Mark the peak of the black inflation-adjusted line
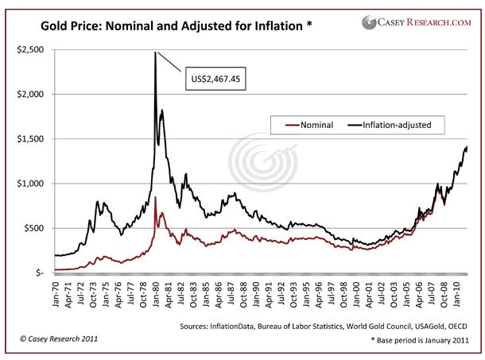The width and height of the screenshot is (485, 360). [155, 52]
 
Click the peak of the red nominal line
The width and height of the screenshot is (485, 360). [155, 197]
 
